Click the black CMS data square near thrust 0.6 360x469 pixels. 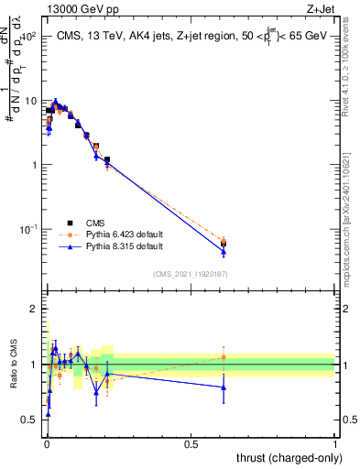tap(224, 243)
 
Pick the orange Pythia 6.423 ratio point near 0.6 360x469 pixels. tap(224, 357)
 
